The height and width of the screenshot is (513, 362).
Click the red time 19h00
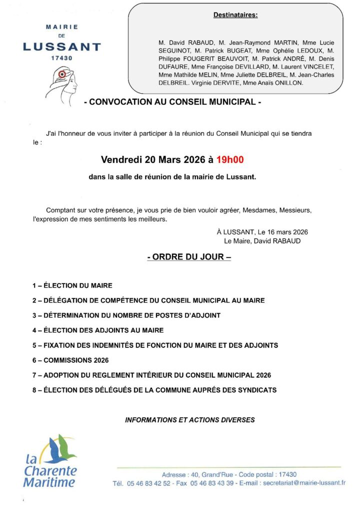point(229,160)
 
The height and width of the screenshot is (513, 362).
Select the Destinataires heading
point(235,15)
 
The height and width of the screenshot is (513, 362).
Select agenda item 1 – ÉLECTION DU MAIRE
point(72,286)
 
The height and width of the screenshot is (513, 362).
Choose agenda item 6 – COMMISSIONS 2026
point(70,360)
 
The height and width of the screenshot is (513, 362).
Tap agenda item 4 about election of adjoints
point(98,330)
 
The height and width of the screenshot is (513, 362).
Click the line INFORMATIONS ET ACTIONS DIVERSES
point(189,420)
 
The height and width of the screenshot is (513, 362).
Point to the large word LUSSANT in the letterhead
point(62,47)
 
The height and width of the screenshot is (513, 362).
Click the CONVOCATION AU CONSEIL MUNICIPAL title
point(172,102)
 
